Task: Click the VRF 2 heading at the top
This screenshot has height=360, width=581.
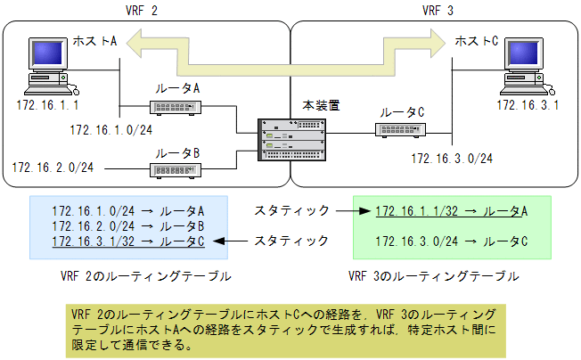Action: click(144, 11)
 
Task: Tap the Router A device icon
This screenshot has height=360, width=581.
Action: click(177, 108)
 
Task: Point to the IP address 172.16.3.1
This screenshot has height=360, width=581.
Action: click(528, 105)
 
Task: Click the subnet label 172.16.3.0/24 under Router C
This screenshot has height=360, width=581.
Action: click(452, 158)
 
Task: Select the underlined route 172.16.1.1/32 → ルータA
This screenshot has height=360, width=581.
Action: click(452, 211)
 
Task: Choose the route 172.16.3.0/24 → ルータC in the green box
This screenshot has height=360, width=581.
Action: click(452, 241)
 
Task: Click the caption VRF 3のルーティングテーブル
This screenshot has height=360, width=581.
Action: click(433, 276)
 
